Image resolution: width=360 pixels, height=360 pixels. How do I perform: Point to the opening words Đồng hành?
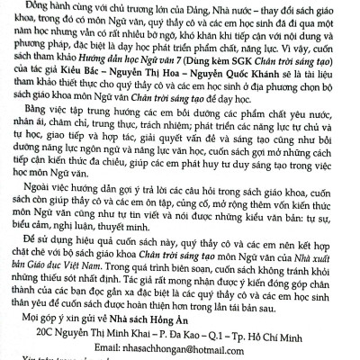click(x=60, y=7)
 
